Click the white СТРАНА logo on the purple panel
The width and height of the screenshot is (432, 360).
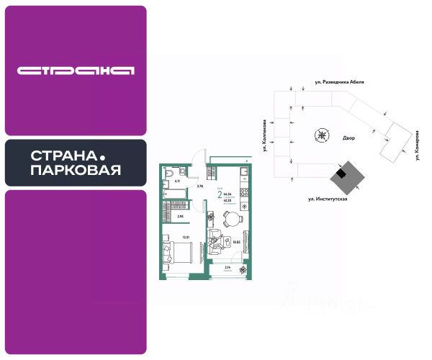coord(76,71)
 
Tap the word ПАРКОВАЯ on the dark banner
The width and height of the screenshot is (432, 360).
coord(76,171)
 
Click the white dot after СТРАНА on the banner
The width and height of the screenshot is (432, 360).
coord(102,156)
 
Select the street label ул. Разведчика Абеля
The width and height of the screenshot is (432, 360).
coord(339,83)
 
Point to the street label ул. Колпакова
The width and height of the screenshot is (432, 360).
coord(265,135)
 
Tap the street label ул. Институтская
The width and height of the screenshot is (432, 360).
coord(328,199)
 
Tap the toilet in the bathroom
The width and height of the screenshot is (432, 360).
coord(166,174)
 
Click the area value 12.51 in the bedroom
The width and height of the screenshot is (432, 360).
coord(185,237)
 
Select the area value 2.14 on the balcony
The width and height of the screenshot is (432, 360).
coord(228,268)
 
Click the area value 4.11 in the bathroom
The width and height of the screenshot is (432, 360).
coord(176,181)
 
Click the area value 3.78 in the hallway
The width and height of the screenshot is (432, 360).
coord(200,186)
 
